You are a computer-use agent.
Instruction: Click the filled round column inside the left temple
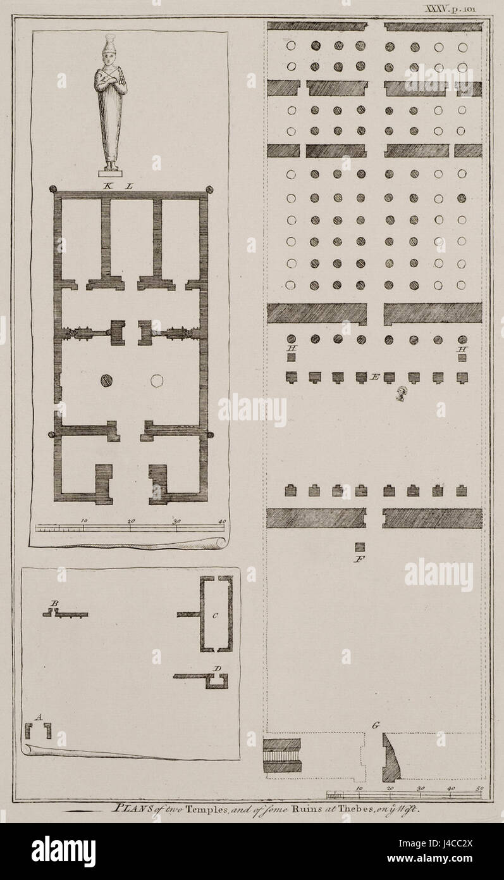point(106,380)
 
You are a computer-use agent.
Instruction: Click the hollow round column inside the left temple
point(156,380)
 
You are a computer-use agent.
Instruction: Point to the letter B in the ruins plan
point(55,604)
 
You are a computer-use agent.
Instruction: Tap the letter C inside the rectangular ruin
point(216,615)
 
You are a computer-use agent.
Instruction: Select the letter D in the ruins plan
point(217,668)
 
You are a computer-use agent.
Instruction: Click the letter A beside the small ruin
point(39,717)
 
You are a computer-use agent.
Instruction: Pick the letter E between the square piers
point(375,377)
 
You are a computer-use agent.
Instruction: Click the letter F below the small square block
point(360,559)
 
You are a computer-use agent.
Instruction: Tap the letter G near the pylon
point(376,726)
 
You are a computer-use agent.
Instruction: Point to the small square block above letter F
point(360,547)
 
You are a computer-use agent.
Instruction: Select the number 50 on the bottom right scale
point(479,788)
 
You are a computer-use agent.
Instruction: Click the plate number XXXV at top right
point(436,9)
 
